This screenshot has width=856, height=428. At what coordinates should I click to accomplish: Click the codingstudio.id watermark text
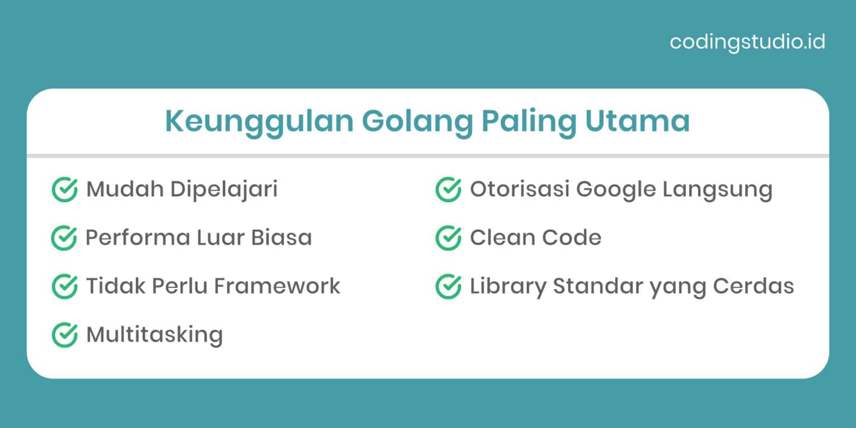[747, 42]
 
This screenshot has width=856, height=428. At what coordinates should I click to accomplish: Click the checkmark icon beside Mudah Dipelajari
[64, 189]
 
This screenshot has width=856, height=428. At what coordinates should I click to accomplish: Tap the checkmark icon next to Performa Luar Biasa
[64, 238]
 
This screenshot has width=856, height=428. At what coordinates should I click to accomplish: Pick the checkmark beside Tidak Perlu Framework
[64, 286]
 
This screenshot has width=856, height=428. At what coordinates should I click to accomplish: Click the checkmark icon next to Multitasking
[64, 335]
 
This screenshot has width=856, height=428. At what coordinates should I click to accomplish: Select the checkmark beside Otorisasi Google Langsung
[448, 189]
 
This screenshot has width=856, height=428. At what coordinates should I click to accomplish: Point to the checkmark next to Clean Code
[448, 238]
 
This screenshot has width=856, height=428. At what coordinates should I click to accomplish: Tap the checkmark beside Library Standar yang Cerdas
[448, 286]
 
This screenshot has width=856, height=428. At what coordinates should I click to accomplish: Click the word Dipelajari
[224, 189]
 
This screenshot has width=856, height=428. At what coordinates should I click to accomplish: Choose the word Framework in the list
[277, 286]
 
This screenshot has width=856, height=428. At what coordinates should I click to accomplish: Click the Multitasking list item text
[154, 335]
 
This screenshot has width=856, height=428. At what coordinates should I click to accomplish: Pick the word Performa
[137, 238]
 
